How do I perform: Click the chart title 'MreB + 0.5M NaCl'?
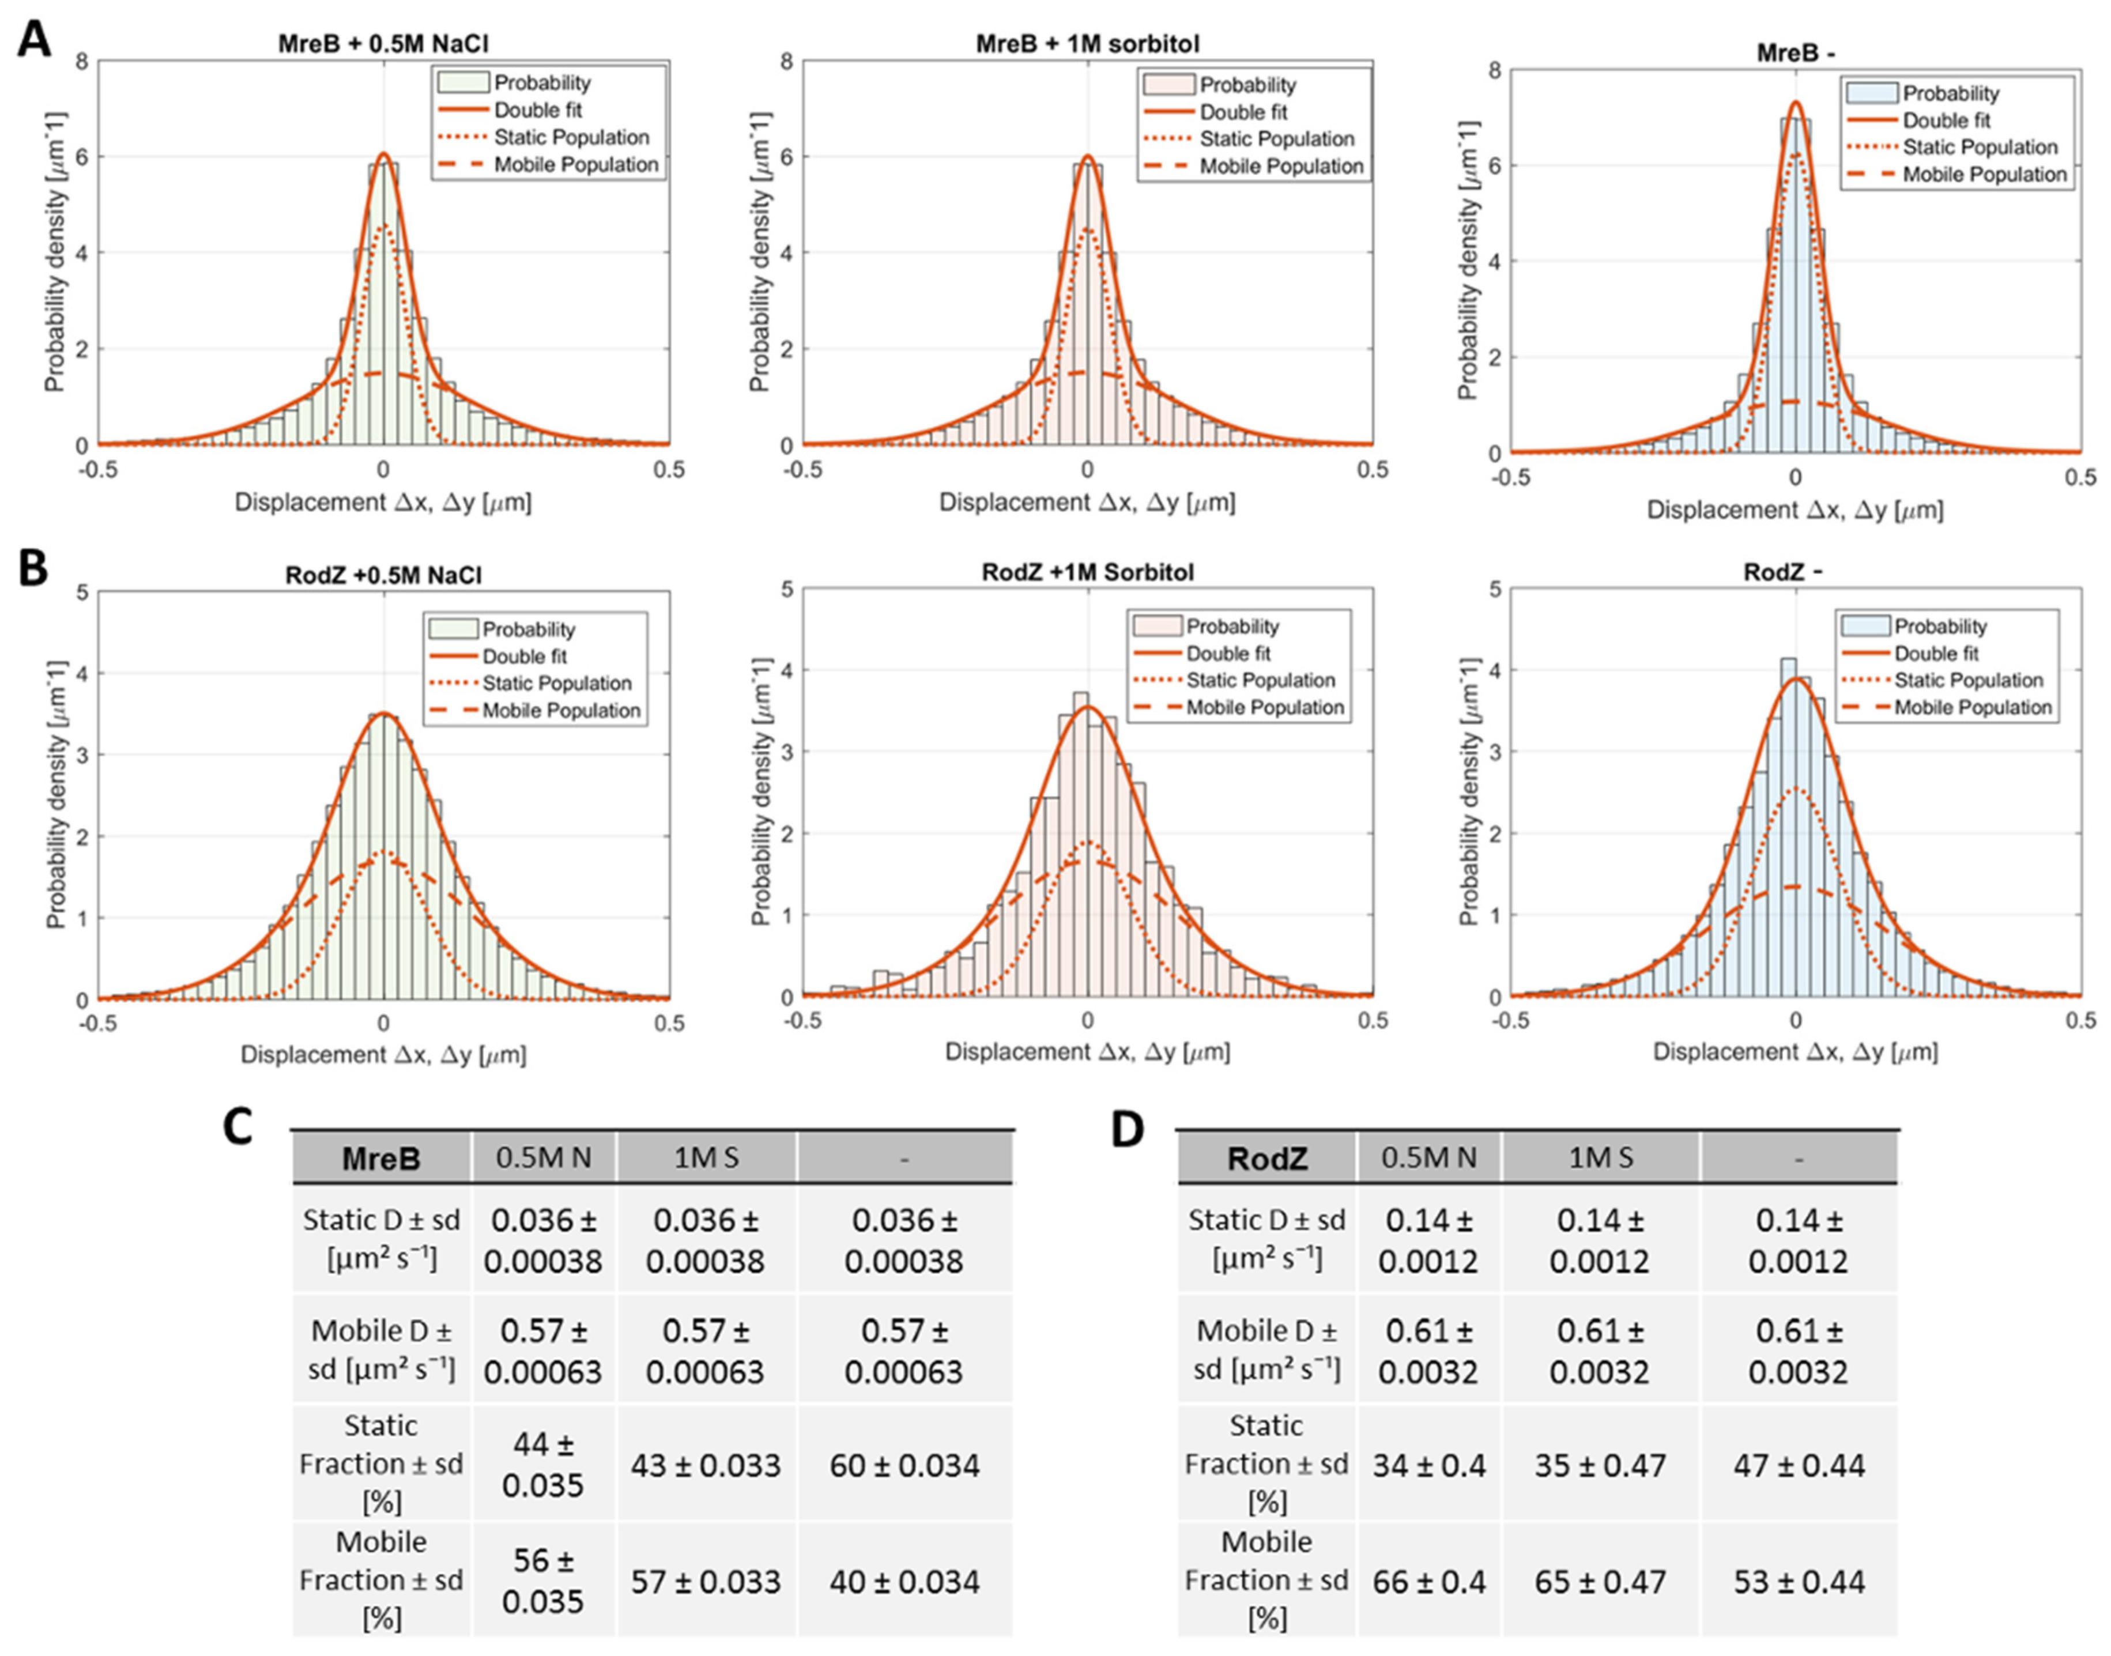click(382, 44)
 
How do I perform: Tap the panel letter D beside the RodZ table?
click(1128, 1130)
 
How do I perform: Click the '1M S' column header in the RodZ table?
click(1601, 1157)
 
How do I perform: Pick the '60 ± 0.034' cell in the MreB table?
click(904, 1465)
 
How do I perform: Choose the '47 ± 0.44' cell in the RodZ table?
click(1799, 1465)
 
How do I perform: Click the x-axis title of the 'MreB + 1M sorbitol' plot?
click(1087, 502)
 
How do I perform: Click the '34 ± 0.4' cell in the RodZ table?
click(1428, 1465)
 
